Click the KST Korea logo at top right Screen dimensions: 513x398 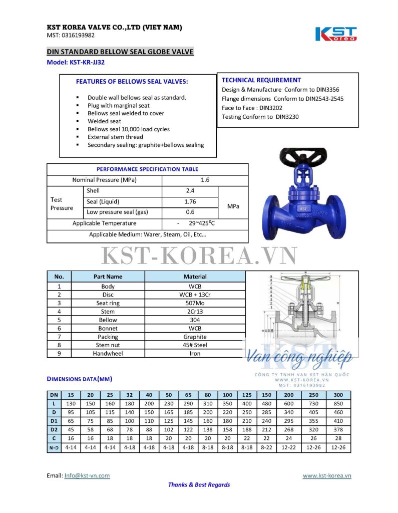(x=336, y=34)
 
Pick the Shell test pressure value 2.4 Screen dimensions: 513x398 (x=190, y=191)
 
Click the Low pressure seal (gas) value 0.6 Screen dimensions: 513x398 (x=190, y=212)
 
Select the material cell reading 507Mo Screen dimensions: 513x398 (x=195, y=303)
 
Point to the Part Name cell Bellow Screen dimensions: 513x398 (x=108, y=320)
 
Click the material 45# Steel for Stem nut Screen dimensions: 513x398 (x=195, y=345)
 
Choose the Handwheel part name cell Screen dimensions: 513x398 (x=108, y=354)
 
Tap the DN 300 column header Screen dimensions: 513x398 (x=338, y=395)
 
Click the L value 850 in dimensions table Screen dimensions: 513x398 (x=338, y=404)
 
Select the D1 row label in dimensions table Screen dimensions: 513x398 (x=54, y=421)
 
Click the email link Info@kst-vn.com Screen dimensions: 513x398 (x=87, y=475)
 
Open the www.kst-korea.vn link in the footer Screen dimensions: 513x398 (x=327, y=475)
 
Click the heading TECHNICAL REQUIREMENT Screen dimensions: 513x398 (x=261, y=80)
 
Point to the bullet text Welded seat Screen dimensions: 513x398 (x=104, y=121)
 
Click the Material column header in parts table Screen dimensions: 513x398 (x=195, y=277)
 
